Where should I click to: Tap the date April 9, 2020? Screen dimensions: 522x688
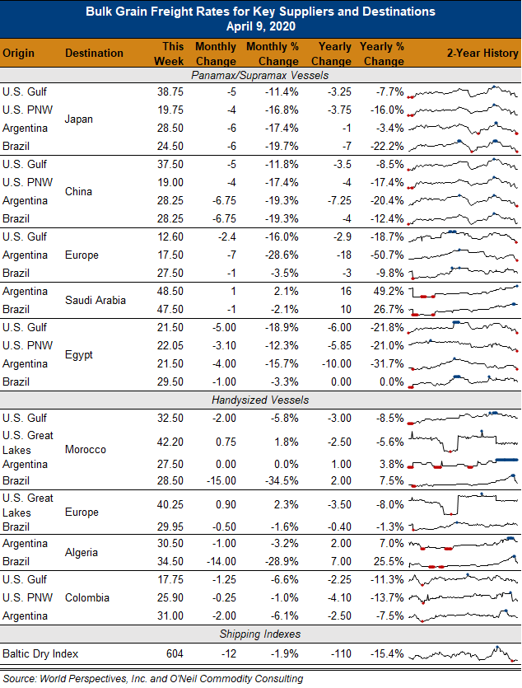coord(261,26)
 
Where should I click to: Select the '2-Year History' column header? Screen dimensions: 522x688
coord(482,53)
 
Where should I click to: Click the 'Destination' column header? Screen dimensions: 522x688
coord(94,53)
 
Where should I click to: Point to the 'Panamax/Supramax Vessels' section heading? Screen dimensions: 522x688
coord(260,76)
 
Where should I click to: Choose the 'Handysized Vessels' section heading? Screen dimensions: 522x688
coord(260,400)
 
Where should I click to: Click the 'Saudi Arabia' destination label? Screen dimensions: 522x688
coord(96,300)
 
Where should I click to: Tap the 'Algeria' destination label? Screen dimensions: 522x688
coord(82,552)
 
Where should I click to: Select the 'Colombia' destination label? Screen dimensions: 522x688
coord(87,597)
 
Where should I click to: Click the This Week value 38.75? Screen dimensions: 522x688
coord(170,92)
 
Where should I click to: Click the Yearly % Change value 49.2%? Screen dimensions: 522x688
coord(389,292)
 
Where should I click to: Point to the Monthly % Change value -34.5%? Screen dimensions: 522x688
coord(282,480)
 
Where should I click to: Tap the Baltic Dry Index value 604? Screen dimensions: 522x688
coord(175,653)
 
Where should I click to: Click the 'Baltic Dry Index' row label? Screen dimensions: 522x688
coord(40,653)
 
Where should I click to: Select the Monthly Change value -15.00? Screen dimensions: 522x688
coord(221,480)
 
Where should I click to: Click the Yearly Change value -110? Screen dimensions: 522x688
coord(342,653)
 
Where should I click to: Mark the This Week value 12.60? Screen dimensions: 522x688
coord(170,237)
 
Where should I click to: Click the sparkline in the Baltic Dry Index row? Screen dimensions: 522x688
coord(463,653)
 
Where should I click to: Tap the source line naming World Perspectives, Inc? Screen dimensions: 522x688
coord(153,679)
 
